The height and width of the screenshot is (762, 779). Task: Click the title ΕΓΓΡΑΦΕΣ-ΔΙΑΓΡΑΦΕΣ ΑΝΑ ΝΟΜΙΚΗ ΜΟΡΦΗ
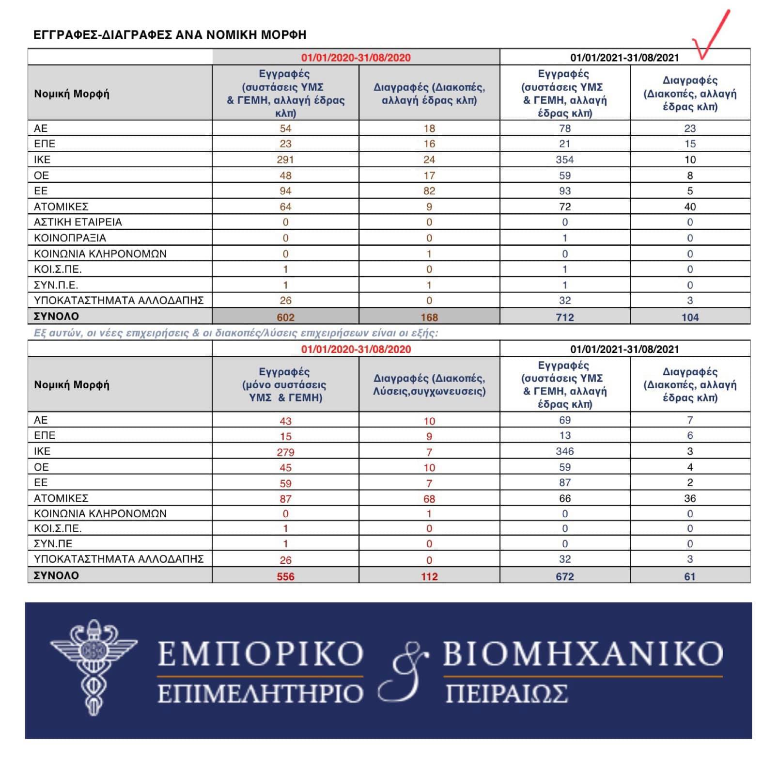(x=170, y=35)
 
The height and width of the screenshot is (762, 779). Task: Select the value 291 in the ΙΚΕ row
(x=285, y=159)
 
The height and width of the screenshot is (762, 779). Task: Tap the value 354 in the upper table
(x=564, y=159)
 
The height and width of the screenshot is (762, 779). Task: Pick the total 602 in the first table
(x=285, y=317)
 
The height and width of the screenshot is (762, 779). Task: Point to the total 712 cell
(x=564, y=317)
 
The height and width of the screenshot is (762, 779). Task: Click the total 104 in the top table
(x=690, y=317)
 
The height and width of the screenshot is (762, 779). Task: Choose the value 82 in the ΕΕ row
(x=429, y=191)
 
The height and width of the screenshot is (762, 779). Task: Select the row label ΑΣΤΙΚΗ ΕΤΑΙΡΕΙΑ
(x=78, y=222)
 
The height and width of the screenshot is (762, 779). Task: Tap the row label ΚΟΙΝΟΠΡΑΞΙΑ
(x=70, y=238)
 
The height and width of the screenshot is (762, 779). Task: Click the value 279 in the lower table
(x=285, y=452)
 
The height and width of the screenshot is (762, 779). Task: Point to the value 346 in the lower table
(x=564, y=451)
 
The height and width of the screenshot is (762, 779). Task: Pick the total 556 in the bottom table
(x=285, y=576)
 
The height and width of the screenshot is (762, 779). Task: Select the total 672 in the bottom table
(x=564, y=576)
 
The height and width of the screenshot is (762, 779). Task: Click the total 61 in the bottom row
(x=690, y=576)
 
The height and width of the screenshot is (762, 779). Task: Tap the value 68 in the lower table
(x=429, y=499)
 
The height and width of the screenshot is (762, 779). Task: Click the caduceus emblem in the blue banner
(x=93, y=667)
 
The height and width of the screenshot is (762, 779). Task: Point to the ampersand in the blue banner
(x=403, y=671)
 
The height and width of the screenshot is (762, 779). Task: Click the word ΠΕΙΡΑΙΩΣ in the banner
(x=506, y=694)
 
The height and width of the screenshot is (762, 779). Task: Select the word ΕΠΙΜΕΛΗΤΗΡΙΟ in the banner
(x=260, y=694)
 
